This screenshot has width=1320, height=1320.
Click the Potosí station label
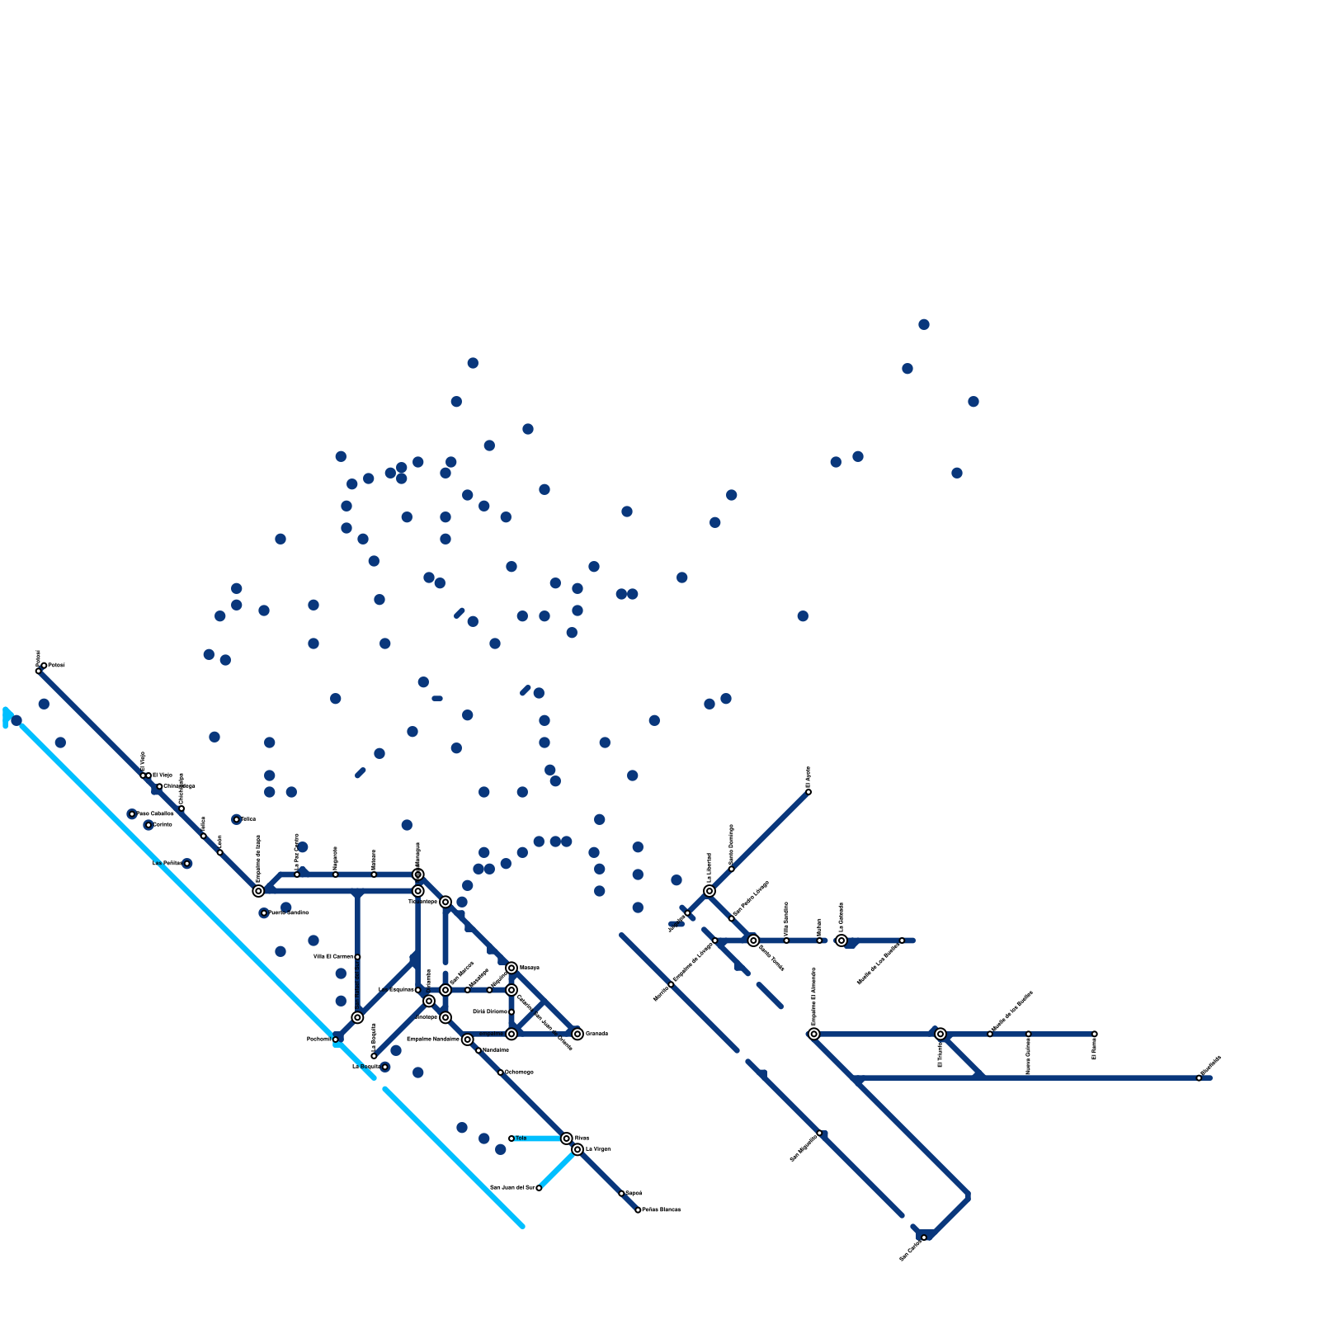[57, 665]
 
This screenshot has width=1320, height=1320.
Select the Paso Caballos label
[155, 813]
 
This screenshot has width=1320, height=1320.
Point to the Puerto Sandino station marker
[264, 913]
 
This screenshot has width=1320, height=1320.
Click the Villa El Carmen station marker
[357, 957]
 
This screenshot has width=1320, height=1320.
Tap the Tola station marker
[511, 1138]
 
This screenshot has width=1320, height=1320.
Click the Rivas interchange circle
[567, 1138]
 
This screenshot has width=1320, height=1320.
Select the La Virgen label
[598, 1149]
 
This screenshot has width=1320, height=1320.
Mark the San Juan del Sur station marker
[539, 1188]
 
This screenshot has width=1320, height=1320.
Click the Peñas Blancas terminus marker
[638, 1210]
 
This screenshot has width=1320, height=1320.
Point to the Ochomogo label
[520, 1072]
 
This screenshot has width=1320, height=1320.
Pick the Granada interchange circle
[577, 1034]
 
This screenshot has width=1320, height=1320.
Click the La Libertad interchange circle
[709, 891]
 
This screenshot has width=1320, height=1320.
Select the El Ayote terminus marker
[808, 792]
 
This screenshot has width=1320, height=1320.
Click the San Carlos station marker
[924, 1237]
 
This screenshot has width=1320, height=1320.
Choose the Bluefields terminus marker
[1200, 1078]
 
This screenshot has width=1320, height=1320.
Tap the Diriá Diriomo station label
[490, 1011]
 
